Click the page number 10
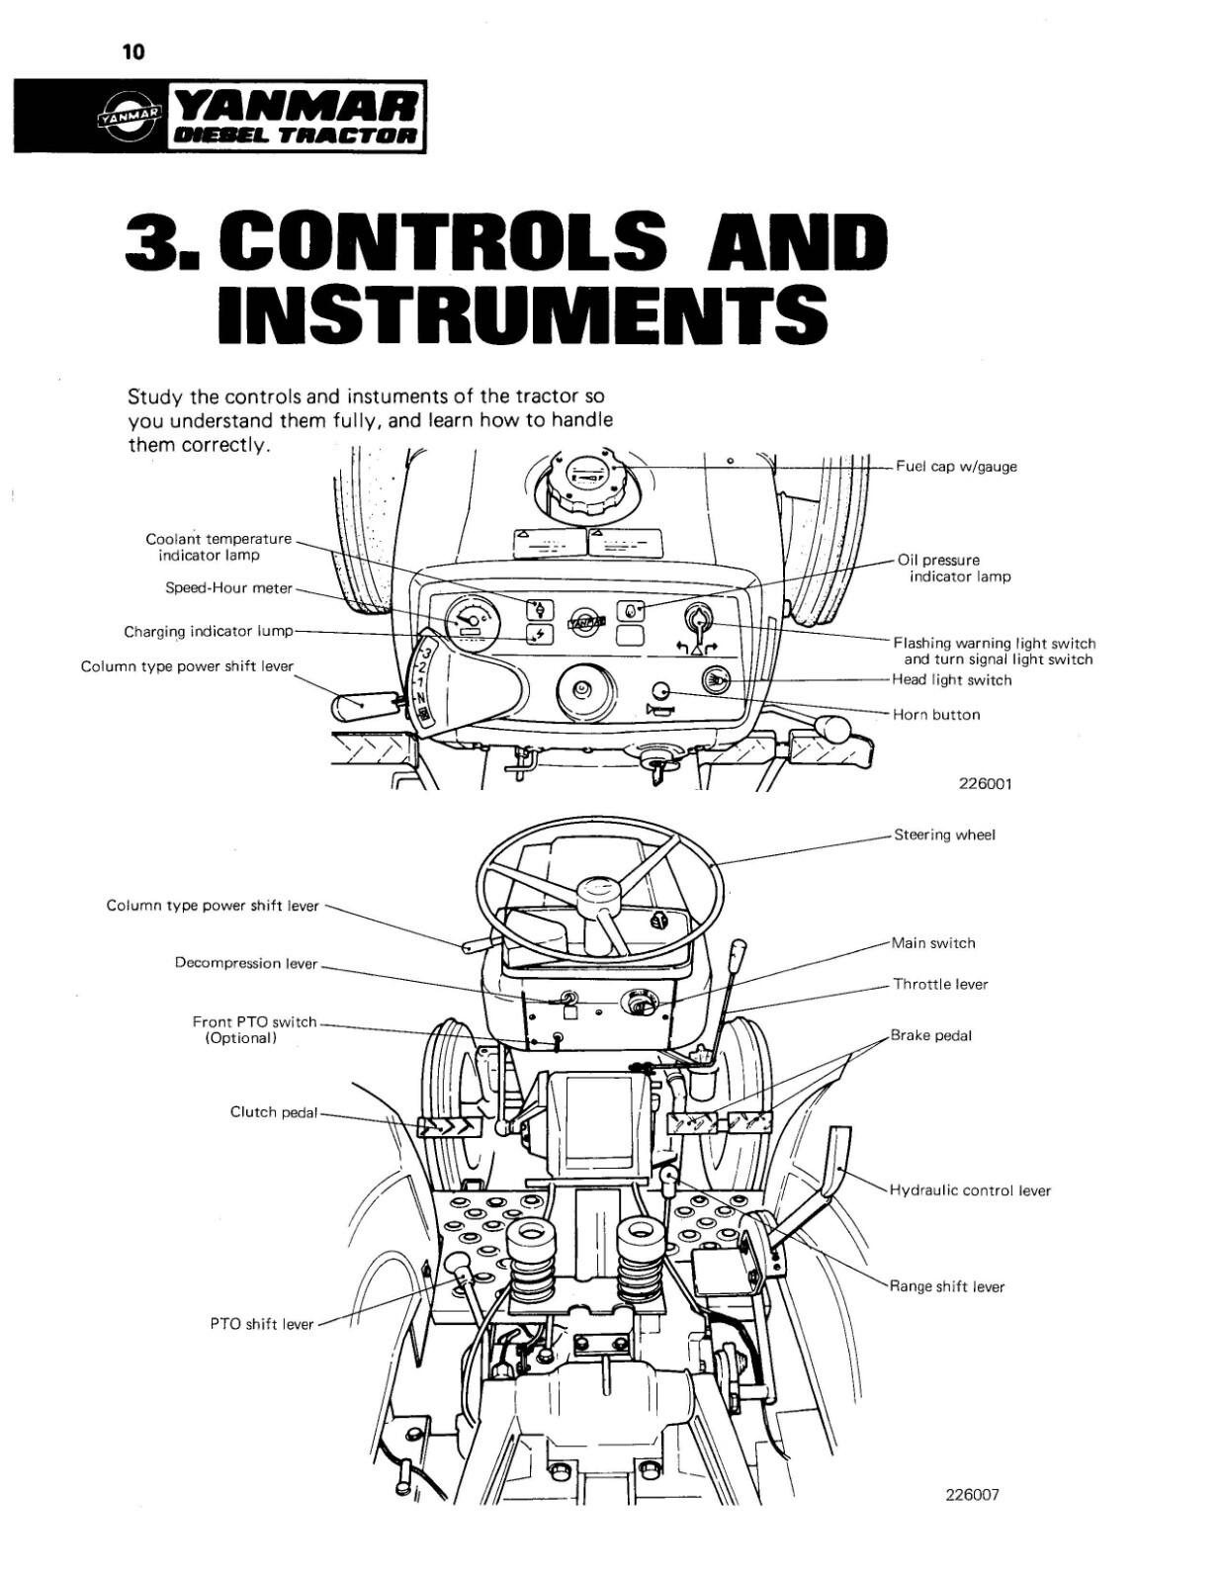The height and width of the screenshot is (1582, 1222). click(132, 52)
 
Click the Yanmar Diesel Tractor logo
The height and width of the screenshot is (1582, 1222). click(219, 116)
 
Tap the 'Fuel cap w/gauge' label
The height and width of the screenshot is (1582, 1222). click(956, 467)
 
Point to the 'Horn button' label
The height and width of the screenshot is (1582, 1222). click(935, 715)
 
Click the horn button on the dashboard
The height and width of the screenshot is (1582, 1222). click(661, 692)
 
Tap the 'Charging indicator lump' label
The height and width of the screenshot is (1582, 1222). click(208, 632)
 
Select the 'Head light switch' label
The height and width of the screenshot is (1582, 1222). click(951, 680)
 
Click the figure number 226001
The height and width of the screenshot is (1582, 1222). click(985, 784)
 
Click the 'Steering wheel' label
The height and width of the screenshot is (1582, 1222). click(944, 835)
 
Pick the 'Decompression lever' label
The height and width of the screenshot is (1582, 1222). click(246, 964)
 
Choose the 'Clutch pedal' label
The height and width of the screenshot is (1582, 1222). click(274, 1113)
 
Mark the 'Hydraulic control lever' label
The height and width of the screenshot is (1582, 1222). click(970, 1191)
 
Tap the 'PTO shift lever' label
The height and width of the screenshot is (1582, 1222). click(261, 1325)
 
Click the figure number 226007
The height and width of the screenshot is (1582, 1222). click(972, 1495)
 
